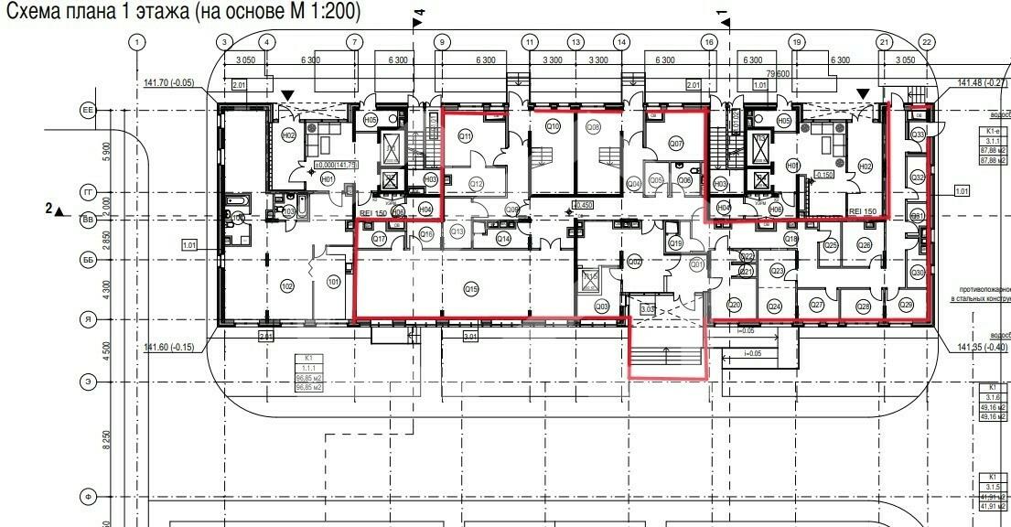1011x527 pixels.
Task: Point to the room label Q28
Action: point(863,306)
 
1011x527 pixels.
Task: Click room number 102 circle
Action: point(287,286)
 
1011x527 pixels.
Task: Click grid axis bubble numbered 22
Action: point(927,42)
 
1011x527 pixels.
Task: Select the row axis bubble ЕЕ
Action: point(89,110)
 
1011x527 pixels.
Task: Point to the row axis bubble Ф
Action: point(89,496)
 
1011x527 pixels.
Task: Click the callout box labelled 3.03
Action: point(648,310)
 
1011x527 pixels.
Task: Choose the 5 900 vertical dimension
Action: point(107,150)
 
